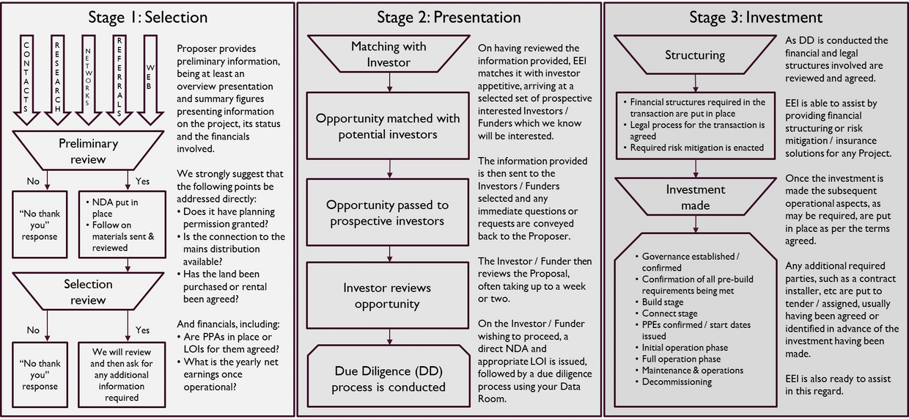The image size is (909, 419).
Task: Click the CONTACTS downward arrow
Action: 26,80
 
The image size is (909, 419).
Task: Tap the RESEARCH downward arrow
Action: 57,80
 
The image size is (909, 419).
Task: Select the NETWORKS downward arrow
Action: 88,80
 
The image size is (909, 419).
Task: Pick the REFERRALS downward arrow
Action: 119,80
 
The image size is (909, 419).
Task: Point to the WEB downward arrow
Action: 150,80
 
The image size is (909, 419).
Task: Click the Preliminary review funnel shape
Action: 88,150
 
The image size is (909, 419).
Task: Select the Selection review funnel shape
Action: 88,291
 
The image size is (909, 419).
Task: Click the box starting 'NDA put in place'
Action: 122,225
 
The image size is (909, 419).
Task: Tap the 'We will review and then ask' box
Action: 122,375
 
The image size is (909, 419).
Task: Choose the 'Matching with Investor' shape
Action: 389,54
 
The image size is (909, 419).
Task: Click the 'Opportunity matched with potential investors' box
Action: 388,126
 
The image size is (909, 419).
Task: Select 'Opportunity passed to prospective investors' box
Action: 388,213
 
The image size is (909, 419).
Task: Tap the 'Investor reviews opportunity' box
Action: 388,296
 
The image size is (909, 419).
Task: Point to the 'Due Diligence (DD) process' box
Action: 389,376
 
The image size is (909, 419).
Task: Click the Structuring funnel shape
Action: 695,54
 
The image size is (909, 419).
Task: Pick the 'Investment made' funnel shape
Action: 695,197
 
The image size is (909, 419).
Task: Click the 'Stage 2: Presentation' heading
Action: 449,18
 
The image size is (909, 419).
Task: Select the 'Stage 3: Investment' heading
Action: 756,18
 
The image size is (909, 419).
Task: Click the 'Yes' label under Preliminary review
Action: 142,181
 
